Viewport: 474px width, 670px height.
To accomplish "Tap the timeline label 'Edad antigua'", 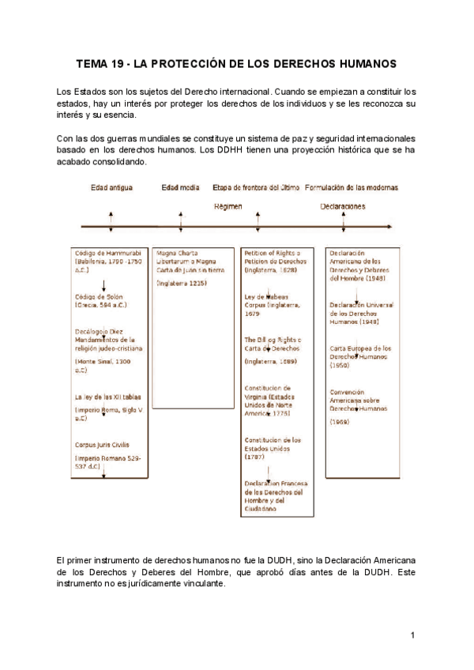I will tap(111, 188).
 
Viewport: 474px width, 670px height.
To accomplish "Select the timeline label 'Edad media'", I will tap(180, 188).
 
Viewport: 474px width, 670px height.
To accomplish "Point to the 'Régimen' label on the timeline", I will tap(228, 206).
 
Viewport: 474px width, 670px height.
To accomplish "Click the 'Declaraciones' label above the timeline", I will tap(343, 206).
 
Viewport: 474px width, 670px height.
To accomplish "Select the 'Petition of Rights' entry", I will tap(273, 257).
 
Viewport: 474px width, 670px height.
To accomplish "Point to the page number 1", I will tap(412, 635).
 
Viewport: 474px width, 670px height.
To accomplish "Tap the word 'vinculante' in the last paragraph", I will tap(200, 585).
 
